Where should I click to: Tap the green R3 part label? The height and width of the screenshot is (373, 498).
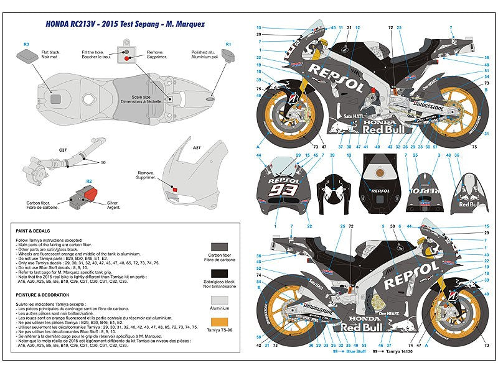click(26, 44)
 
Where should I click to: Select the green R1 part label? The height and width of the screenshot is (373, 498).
click(228, 44)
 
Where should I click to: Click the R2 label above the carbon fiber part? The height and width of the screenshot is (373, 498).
click(90, 181)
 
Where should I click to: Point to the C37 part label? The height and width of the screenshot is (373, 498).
click(63, 150)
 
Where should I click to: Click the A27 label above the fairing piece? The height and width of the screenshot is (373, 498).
click(197, 147)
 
